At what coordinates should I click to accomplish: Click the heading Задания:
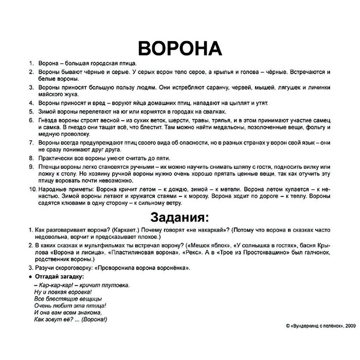click(x=179, y=214)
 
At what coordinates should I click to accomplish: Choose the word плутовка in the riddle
click(x=113, y=284)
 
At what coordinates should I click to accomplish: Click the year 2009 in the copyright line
click(x=350, y=326)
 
